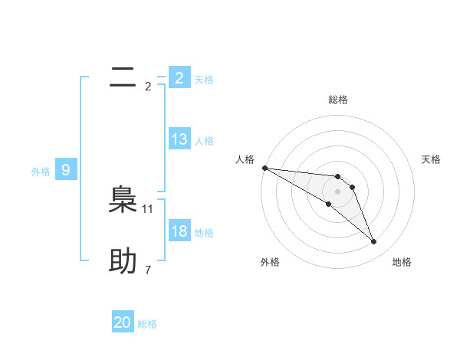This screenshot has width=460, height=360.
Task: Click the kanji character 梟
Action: click(123, 200)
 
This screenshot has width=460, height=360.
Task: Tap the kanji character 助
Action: click(123, 261)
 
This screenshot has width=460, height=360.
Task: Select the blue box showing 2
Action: click(179, 77)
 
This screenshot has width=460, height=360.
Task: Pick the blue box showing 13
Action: click(179, 139)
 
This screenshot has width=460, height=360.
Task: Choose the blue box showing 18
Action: click(179, 231)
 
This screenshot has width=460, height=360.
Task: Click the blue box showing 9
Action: click(66, 170)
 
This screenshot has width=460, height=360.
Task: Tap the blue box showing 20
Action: click(123, 322)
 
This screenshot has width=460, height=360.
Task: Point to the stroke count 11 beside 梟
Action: click(148, 208)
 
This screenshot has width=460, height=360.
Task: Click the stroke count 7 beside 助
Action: click(148, 270)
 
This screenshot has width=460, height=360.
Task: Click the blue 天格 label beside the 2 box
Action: click(204, 79)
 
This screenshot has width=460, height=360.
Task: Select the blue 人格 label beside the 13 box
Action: click(204, 141)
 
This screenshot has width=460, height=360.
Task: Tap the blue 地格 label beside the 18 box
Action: click(204, 233)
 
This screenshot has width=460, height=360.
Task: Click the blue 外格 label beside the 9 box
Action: click(41, 172)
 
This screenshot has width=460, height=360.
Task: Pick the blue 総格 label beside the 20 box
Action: click(147, 324)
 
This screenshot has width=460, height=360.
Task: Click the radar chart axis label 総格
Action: click(337, 100)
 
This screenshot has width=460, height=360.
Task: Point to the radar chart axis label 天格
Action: click(432, 159)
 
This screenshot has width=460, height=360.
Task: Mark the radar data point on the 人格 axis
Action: click(264, 167)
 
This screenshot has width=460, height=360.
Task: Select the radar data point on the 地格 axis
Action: click(374, 242)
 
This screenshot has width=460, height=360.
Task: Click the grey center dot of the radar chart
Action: click(337, 191)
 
